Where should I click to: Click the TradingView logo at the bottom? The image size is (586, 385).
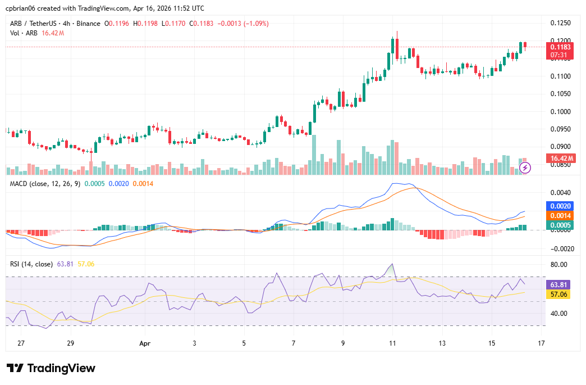coord(51,368)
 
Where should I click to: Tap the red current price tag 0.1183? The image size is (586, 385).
coord(560,47)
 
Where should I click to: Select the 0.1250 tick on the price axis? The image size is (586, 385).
coord(560,23)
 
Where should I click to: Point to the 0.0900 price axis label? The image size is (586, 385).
coord(560,147)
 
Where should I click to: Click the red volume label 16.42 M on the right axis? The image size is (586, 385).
coord(560,159)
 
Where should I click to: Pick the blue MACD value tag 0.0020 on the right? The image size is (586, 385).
coord(560,207)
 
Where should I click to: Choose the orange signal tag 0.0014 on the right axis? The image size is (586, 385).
coord(560,216)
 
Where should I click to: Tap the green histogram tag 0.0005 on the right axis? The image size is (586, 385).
coord(560,225)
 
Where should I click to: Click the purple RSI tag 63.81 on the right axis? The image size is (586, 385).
coord(560,285)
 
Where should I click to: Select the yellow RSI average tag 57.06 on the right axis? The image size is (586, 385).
coord(560,295)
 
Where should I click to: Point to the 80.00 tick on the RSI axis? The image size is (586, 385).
coord(559,265)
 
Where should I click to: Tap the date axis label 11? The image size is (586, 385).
coord(392,343)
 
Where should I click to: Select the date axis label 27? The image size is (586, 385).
coord(21,343)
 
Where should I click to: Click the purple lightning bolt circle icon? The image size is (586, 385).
coord(525,167)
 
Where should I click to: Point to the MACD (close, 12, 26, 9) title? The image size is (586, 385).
coord(45,184)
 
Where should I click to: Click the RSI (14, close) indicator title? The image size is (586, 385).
coord(31,264)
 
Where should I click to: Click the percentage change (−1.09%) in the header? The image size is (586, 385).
coord(253,24)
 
